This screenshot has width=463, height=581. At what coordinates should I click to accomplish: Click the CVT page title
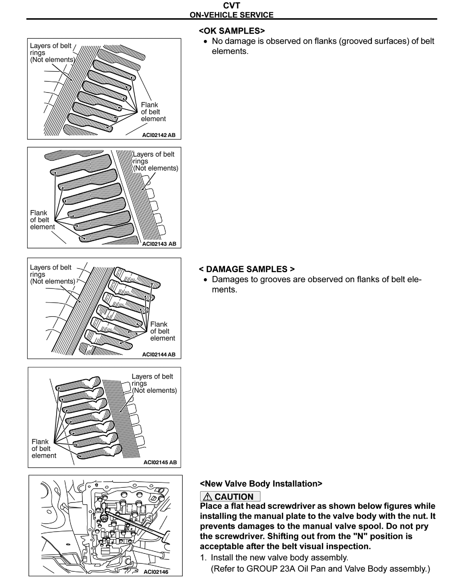pos(231,5)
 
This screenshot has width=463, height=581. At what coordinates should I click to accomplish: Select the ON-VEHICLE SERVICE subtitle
pos(231,15)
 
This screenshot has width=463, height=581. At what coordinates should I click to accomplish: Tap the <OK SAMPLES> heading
pos(232,31)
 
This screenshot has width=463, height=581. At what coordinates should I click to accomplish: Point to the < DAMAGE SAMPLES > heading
pos(247,269)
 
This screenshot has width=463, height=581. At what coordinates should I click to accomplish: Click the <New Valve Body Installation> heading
pos(261,483)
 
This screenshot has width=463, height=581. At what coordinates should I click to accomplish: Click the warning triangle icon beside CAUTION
pos(207,496)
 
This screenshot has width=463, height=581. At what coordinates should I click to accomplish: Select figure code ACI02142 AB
pos(159,135)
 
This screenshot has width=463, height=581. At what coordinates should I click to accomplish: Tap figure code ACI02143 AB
pos(159,244)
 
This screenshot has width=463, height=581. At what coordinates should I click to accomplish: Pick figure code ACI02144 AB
pos(159,354)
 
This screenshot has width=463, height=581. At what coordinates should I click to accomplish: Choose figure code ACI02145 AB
pos(160,462)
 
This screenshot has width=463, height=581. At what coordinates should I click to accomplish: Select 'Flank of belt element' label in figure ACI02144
pos(162,331)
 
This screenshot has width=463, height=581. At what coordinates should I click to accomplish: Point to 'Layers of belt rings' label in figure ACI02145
pos(154,383)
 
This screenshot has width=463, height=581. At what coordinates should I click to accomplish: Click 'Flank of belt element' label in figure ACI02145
pos(43,449)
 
